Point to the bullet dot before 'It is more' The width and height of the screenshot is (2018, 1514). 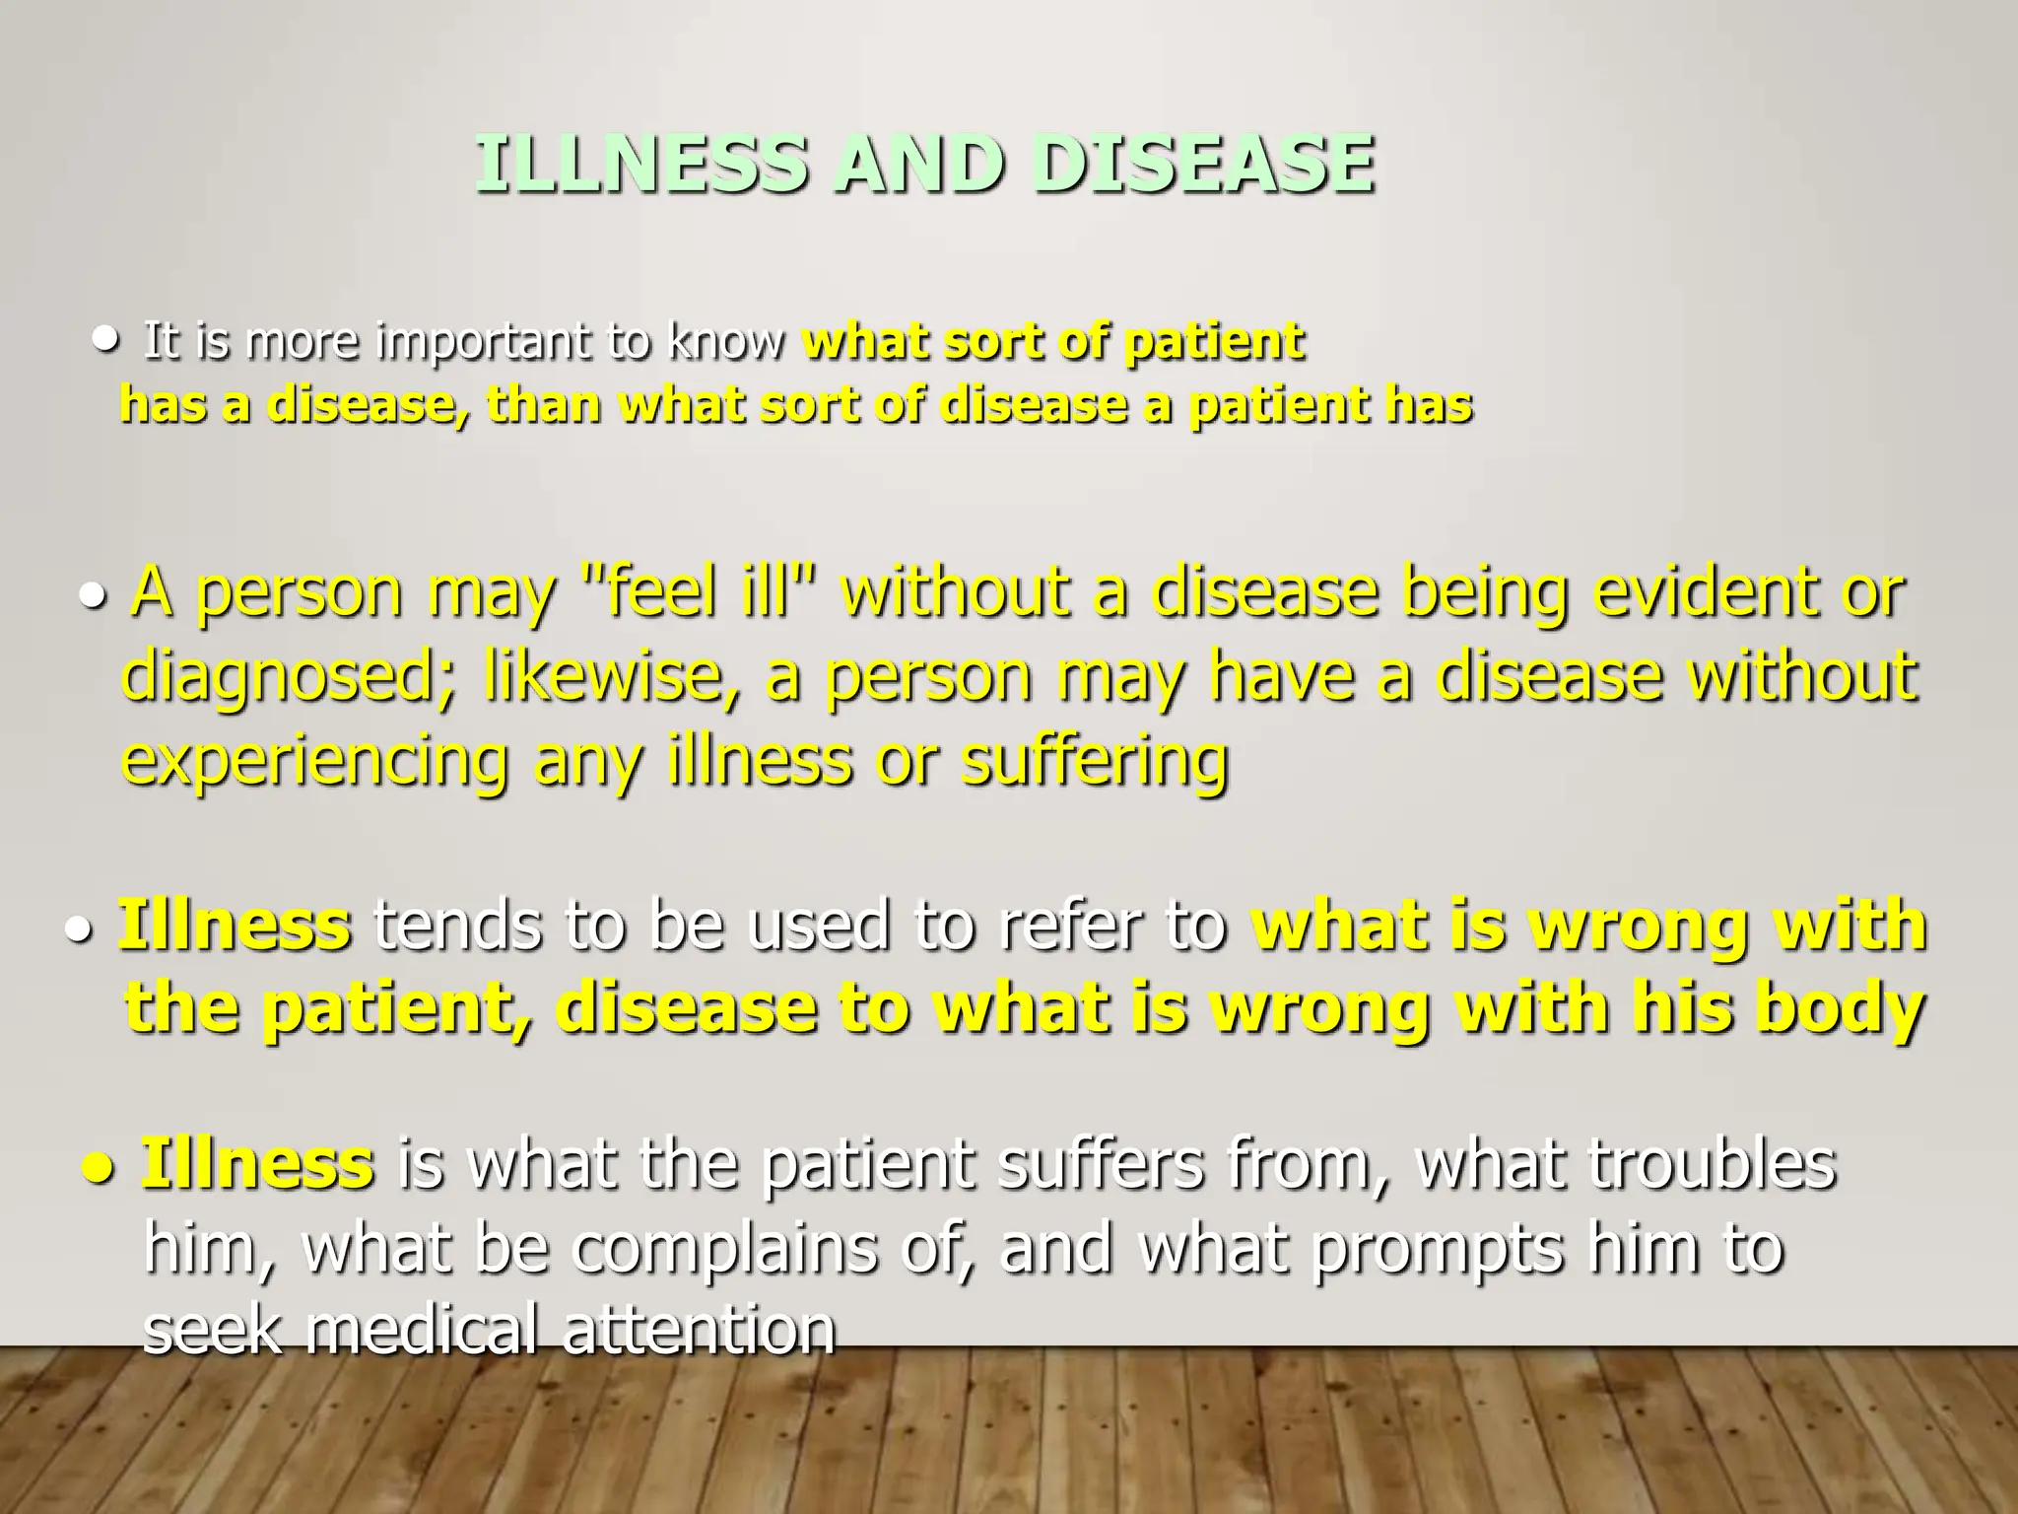point(103,340)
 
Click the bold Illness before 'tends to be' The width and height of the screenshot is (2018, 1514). point(235,927)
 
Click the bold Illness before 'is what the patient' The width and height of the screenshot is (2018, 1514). point(257,1164)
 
